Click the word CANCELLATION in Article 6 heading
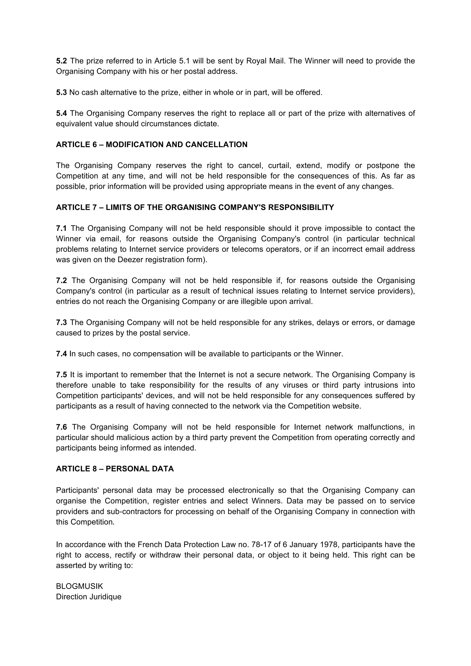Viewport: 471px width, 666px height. pyautogui.click(x=216, y=145)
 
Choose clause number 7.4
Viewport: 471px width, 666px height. pyautogui.click(x=61, y=354)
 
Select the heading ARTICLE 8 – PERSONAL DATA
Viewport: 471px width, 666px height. pyautogui.click(x=115, y=469)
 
